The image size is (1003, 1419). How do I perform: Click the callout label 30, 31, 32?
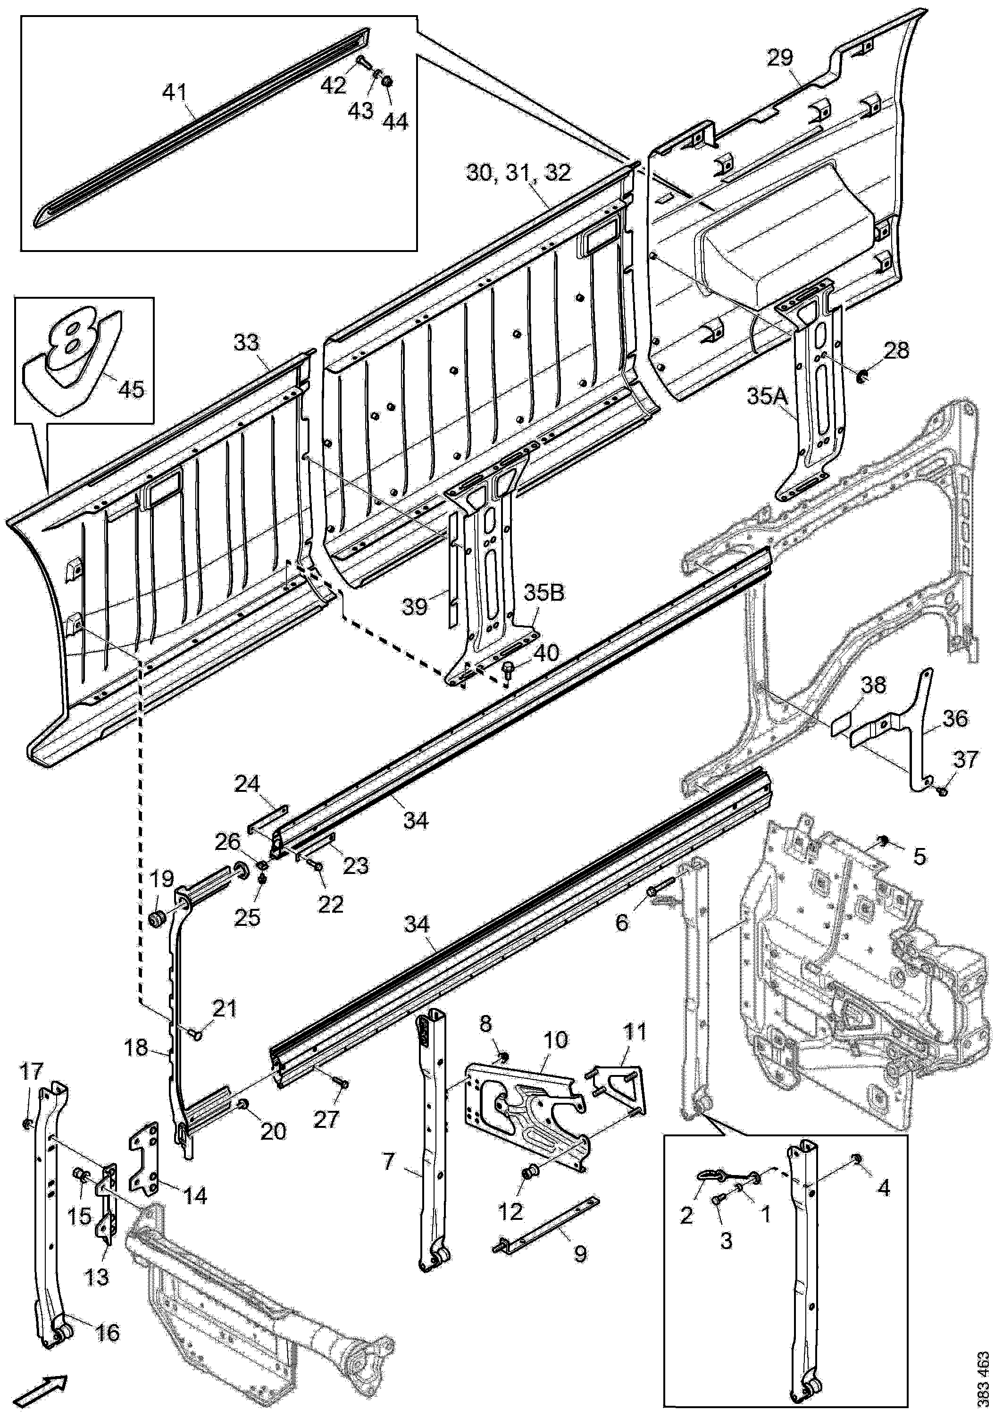[518, 173]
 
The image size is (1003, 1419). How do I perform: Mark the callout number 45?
[132, 389]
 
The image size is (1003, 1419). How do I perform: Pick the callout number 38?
[873, 685]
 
